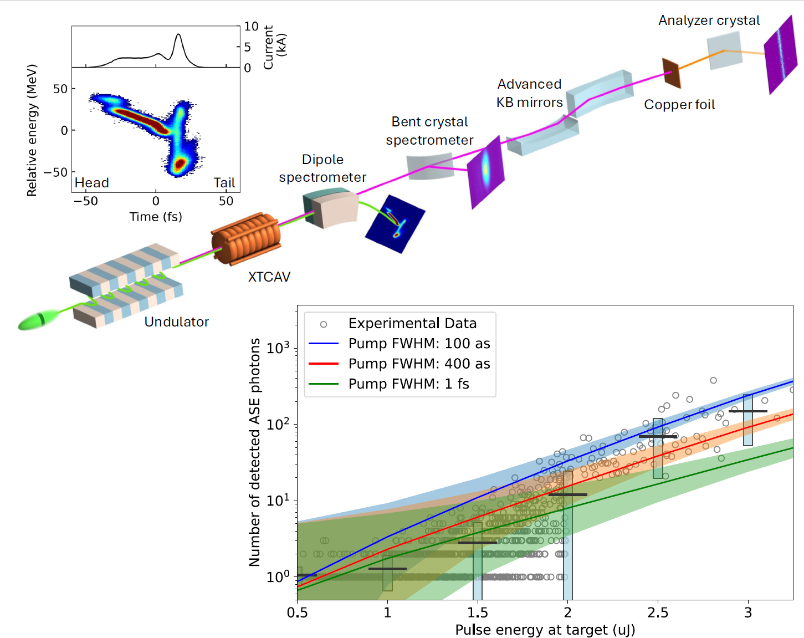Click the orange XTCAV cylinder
coord(245,239)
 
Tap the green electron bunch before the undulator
coord(38,320)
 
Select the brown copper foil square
coord(671,73)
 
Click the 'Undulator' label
coord(176,322)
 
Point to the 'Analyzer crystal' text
coord(709,21)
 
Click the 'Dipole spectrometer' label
coord(322,169)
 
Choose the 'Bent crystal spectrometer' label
coord(429,131)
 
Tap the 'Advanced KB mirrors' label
coord(529,93)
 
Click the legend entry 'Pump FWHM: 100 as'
coord(418,344)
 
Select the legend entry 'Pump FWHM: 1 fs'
coord(408,384)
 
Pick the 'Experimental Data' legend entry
coord(412,324)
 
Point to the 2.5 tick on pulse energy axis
coord(658,613)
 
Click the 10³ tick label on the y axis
coord(278,348)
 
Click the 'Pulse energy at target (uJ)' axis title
coord(545,630)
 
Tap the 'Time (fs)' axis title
coord(156,217)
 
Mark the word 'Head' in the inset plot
coord(92,183)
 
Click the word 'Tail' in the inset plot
coord(224,183)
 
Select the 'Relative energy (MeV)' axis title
coord(32,130)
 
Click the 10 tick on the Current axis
coord(251,27)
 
